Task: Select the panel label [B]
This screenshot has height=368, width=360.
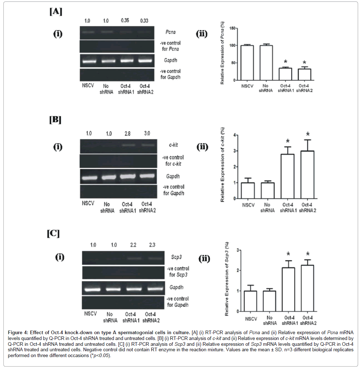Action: click(x=55, y=120)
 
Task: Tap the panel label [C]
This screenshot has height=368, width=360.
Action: click(x=53, y=233)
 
